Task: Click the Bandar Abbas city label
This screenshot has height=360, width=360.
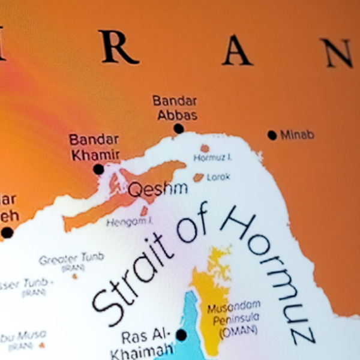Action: click(x=175, y=107)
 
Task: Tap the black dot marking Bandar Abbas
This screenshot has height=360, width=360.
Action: click(x=178, y=128)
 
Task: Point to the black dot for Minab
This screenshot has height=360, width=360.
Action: click(x=272, y=135)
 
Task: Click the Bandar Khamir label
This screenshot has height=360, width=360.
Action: click(x=94, y=148)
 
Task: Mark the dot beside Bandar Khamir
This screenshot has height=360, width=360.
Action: click(x=98, y=169)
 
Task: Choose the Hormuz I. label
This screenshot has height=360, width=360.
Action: click(x=212, y=158)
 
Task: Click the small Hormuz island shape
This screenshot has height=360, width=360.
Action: click(x=205, y=148)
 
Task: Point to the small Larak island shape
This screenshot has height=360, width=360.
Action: click(x=199, y=178)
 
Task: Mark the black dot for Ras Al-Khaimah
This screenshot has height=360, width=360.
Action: click(x=181, y=335)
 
